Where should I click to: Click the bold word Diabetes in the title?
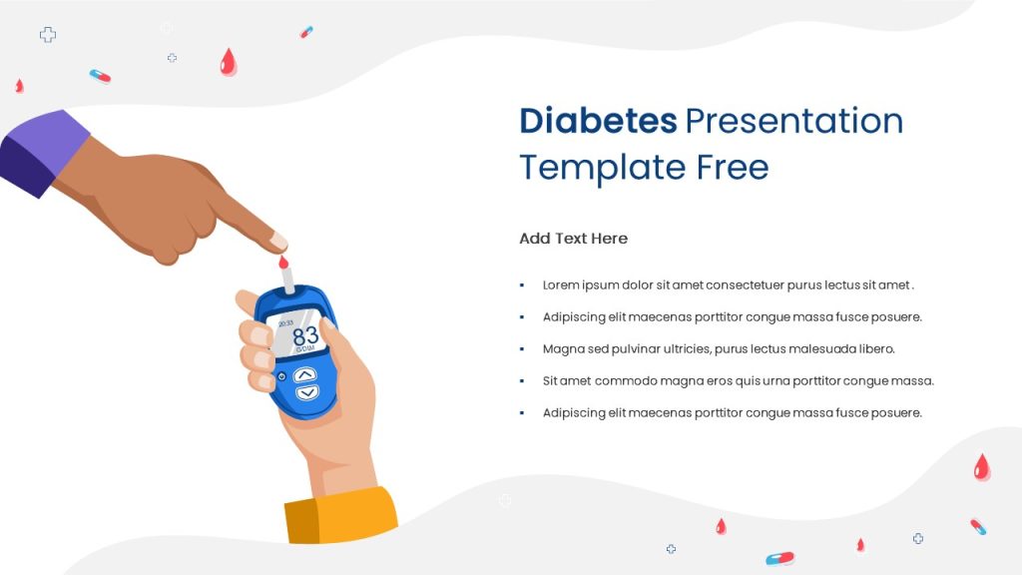coord(598,121)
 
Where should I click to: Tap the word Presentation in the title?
coord(793,121)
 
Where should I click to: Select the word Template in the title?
coord(602,168)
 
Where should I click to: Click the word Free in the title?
coord(733,167)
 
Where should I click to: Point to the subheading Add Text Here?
coord(574,239)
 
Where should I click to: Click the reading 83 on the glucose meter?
coord(305,335)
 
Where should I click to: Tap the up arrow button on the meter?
coord(304,375)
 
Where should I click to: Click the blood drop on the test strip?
coord(283,263)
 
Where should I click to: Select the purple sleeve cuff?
coord(43,153)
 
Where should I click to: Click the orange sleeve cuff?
coord(341,516)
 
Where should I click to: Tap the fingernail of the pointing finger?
coord(279,242)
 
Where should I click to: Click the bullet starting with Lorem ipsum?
coord(728,285)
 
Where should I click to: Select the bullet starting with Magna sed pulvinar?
coord(719,348)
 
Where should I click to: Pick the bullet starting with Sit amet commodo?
coord(738,380)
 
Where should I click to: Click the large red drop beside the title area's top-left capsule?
coord(229,62)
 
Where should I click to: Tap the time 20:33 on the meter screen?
coord(286,323)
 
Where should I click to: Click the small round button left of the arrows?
coord(282,376)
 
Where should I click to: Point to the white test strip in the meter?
coord(287,280)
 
